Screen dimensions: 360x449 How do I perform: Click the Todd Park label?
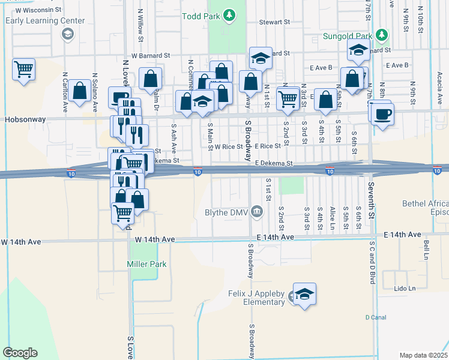[x=200, y=15]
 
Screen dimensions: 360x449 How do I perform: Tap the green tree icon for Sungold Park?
[x=381, y=34]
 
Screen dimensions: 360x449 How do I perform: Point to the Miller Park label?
[x=146, y=264]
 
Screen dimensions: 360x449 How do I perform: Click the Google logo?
[x=20, y=352]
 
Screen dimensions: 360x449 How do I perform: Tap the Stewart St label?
[x=274, y=22]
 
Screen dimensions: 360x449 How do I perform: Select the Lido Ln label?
[x=404, y=289]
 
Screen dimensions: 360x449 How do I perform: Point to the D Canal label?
[x=376, y=317]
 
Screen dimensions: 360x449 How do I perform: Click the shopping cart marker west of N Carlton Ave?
[x=23, y=69]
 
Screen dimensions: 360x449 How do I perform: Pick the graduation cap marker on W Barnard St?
[x=261, y=58]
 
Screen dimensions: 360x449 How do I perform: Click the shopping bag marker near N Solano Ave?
[x=79, y=91]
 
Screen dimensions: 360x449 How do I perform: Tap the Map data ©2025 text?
[x=423, y=355]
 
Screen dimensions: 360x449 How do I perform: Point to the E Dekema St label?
[x=273, y=163]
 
